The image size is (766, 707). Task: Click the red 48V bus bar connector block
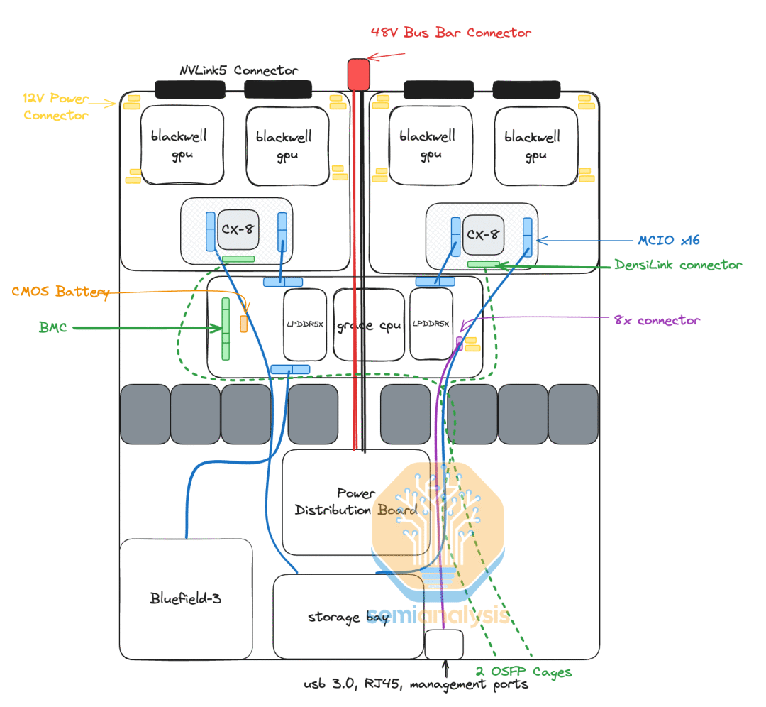(x=359, y=74)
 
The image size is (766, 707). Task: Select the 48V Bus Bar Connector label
(x=450, y=33)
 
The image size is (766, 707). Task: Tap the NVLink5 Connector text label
(x=238, y=70)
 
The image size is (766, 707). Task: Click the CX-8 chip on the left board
(x=238, y=229)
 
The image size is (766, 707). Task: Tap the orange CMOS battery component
(x=243, y=324)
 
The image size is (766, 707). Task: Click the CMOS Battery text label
(x=60, y=292)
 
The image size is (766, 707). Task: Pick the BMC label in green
(x=54, y=328)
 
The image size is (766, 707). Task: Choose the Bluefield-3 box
(x=186, y=598)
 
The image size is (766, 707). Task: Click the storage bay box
(x=348, y=616)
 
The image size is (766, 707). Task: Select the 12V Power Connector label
(x=55, y=106)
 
